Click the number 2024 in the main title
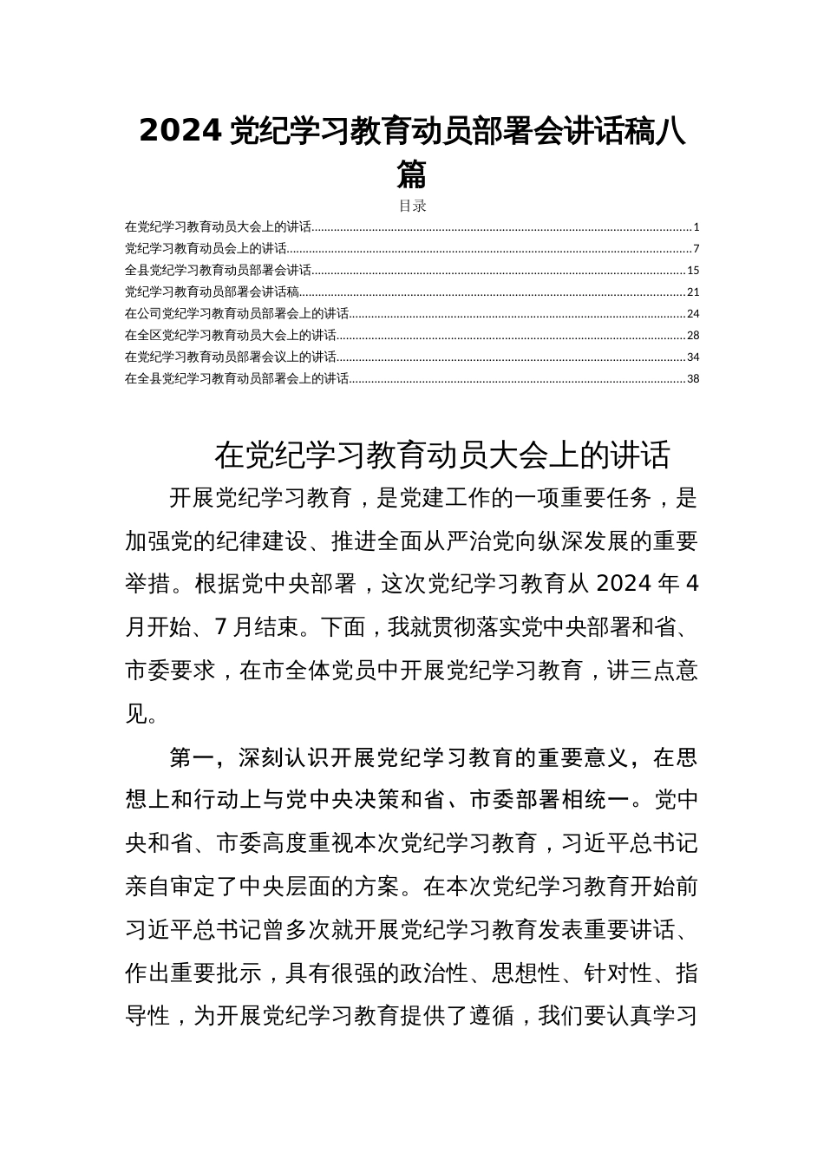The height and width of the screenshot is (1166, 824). tap(181, 131)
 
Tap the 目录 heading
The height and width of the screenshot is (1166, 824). tap(412, 206)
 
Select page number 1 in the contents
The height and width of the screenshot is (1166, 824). tap(696, 228)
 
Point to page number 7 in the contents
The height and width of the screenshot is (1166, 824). tap(696, 250)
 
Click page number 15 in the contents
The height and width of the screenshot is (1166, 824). tap(693, 271)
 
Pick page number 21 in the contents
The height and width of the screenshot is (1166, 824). tap(693, 292)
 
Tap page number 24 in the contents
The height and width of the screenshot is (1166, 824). tap(693, 314)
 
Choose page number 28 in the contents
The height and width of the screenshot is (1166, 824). tap(693, 336)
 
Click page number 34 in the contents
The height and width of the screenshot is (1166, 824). tap(693, 357)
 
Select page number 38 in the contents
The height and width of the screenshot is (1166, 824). tap(693, 378)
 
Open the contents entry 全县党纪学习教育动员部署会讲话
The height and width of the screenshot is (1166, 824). tap(218, 271)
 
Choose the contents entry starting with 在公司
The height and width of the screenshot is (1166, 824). tap(237, 314)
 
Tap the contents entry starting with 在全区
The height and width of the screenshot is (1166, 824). tap(231, 336)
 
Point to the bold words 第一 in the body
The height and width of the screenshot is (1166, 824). tap(192, 758)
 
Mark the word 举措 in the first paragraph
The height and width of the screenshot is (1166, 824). tap(147, 584)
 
